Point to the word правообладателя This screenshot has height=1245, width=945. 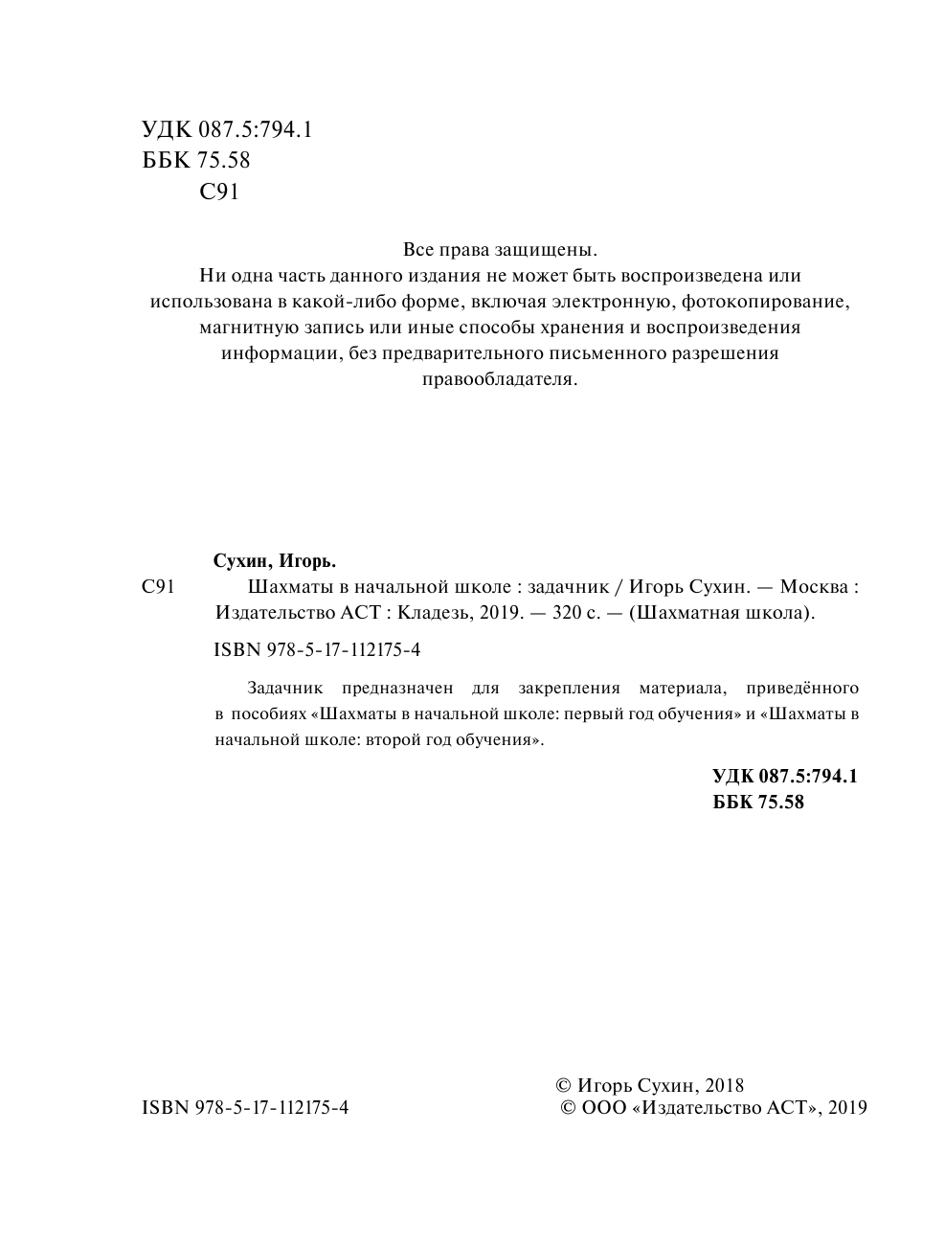[x=500, y=379]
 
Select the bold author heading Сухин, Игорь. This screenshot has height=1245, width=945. [x=276, y=560]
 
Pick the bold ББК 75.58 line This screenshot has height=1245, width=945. [x=758, y=803]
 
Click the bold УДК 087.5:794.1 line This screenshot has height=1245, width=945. [x=785, y=776]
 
